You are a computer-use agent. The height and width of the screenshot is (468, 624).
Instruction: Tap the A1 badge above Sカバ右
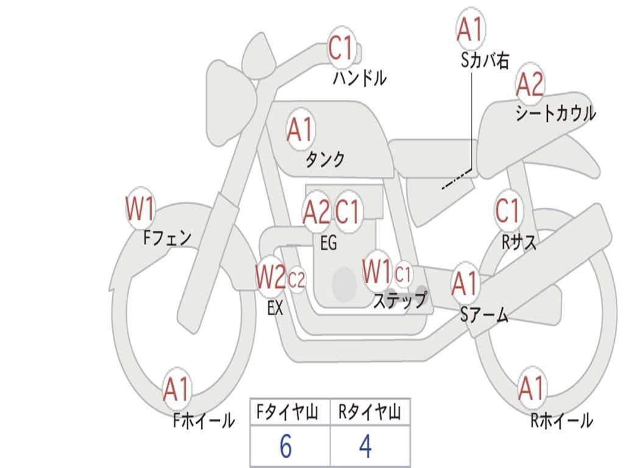click(x=470, y=29)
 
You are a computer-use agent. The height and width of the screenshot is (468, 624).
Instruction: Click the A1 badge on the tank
click(x=300, y=129)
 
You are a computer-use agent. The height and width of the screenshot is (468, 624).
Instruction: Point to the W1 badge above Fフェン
click(x=140, y=208)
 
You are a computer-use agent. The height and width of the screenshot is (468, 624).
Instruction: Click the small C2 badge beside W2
click(x=297, y=280)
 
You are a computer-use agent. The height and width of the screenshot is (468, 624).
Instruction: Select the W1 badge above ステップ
click(x=377, y=272)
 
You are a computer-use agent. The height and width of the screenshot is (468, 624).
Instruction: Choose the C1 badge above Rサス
click(x=508, y=211)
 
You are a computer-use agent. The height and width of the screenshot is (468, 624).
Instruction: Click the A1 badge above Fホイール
click(x=177, y=389)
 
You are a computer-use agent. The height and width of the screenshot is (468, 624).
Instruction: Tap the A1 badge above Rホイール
click(x=531, y=388)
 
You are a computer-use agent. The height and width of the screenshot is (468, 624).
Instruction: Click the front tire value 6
click(x=285, y=447)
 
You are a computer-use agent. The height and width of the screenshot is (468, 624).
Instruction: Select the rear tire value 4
click(x=365, y=447)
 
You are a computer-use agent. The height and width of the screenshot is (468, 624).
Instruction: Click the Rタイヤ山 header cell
click(x=369, y=414)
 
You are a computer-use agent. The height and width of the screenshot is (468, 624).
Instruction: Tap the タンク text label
click(x=325, y=160)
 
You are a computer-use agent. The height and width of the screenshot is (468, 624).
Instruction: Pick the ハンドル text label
click(x=360, y=78)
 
